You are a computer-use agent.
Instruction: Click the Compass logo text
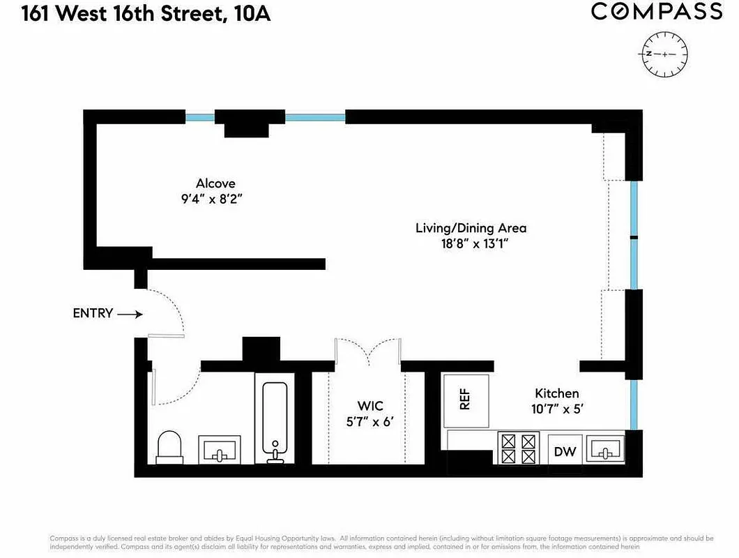pos(657,12)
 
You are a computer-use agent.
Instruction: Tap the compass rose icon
pos(664,54)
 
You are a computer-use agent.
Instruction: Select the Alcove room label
pos(215,183)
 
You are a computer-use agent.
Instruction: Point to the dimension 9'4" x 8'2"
pos(215,199)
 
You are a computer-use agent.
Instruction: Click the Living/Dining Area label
pos(471,228)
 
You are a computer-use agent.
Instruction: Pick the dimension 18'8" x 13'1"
pos(471,243)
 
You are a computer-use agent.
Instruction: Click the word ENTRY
pos(93,314)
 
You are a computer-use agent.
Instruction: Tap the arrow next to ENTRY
pos(130,315)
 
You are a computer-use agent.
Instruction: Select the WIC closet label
pos(370,406)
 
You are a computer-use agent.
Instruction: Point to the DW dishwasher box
pos(565,451)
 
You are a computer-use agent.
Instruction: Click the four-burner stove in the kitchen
pos(519,448)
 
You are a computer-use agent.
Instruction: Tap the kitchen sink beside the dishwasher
pos(604,448)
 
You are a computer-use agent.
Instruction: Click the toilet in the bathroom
pos(169,446)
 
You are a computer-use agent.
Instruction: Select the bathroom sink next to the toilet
pos(220,449)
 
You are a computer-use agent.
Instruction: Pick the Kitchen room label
pos(556,393)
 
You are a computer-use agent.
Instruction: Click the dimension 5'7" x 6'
pos(370,421)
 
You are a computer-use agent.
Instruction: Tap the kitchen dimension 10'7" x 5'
pos(556,409)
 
